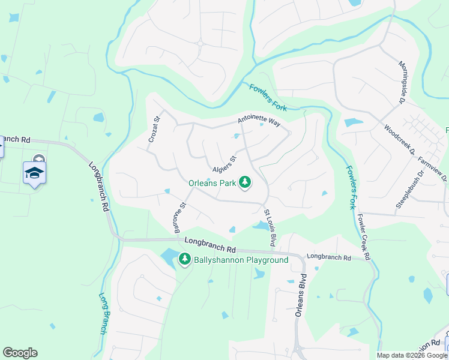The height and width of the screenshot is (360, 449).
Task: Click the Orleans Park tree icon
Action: click(x=245, y=182)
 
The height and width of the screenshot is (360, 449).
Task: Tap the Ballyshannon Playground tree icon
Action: click(x=185, y=260)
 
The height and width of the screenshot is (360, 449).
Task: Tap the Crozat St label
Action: click(x=155, y=129)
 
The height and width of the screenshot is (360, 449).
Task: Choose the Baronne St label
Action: click(x=178, y=217)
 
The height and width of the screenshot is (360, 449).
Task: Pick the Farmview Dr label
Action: click(x=433, y=169)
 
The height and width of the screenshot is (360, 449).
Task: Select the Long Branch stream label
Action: click(x=103, y=313)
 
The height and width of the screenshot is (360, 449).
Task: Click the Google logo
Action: click(x=20, y=353)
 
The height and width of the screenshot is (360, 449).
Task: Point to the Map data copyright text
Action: click(x=411, y=355)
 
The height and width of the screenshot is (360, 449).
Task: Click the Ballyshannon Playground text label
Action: click(x=241, y=260)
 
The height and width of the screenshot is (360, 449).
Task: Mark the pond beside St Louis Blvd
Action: click(x=262, y=226)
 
